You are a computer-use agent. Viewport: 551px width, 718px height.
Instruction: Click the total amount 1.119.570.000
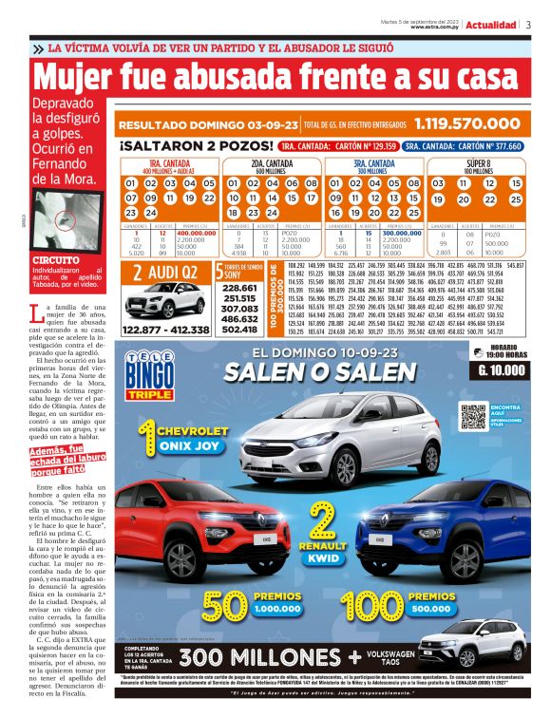[x=465, y=123]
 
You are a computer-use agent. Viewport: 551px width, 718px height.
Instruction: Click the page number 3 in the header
[x=527, y=25]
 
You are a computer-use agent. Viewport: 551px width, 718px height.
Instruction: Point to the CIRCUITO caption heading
[x=54, y=258]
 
